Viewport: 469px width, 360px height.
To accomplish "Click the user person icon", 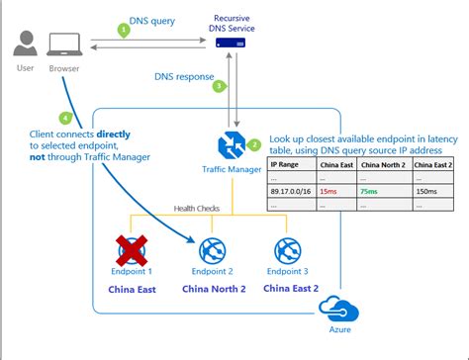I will coord(28,45).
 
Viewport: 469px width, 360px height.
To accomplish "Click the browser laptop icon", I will coord(65,45).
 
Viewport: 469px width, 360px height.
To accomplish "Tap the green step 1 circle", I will coord(124,31).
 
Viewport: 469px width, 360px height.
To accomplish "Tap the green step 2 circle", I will coord(254,144).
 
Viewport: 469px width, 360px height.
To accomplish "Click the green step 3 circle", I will coord(219,86).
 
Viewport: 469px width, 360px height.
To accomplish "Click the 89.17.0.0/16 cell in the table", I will coord(292,191).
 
